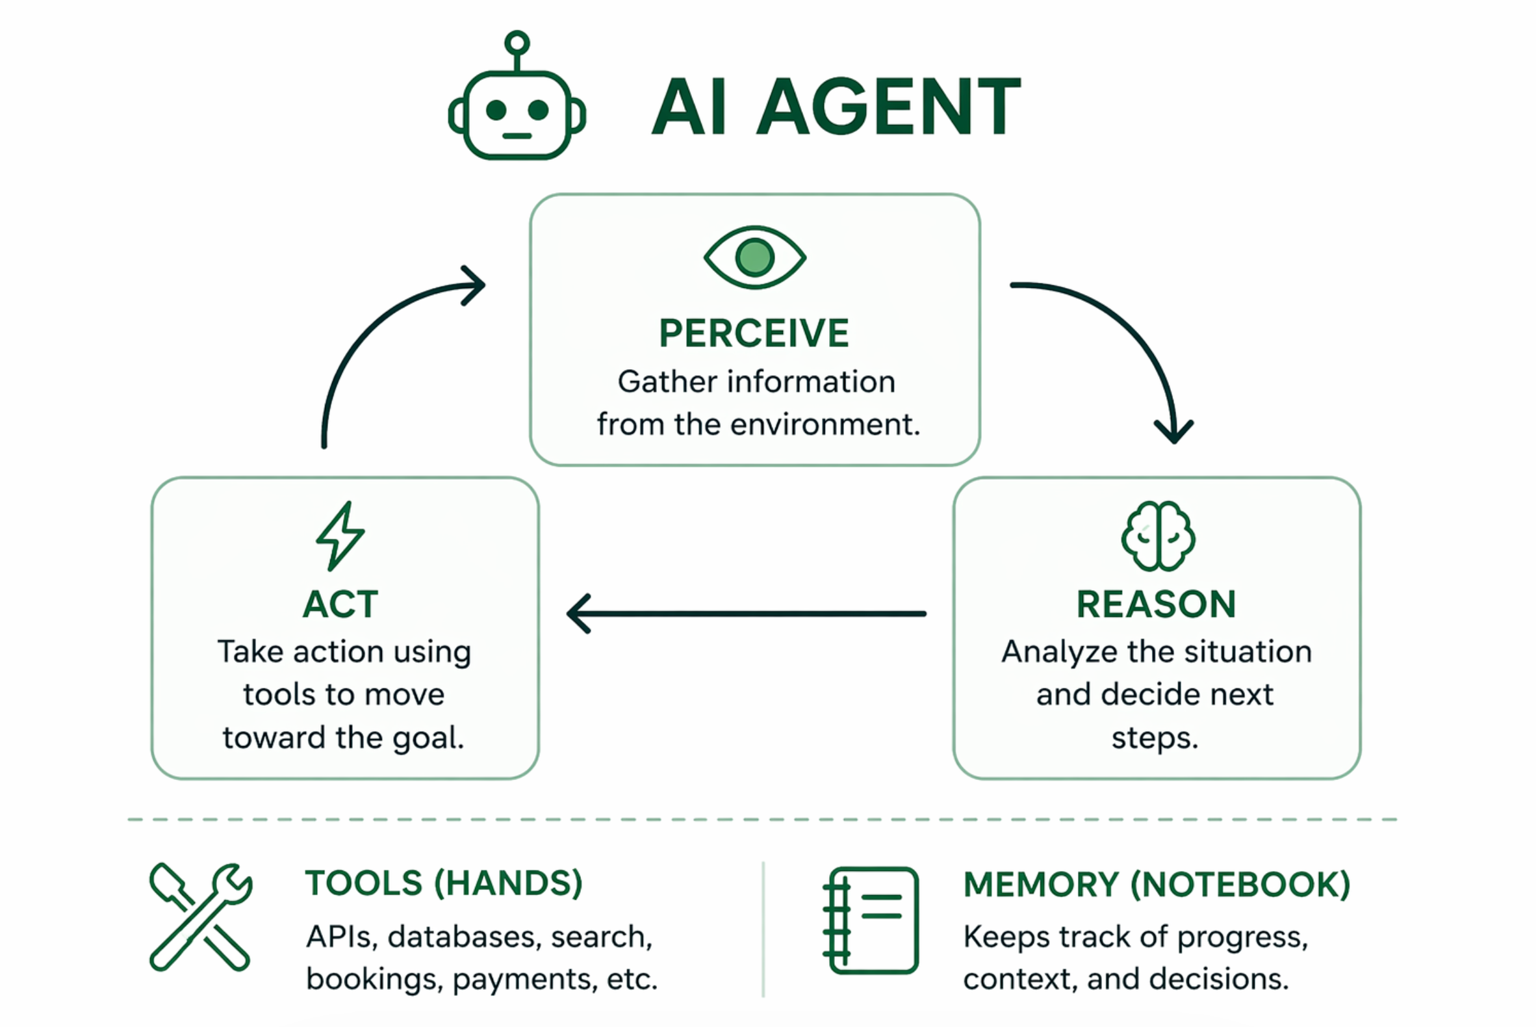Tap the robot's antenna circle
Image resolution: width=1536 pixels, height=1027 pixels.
pyautogui.click(x=517, y=42)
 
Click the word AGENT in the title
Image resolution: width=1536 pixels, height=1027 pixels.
pyautogui.click(x=889, y=106)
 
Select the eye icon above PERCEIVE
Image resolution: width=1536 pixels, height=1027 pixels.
pyautogui.click(x=755, y=257)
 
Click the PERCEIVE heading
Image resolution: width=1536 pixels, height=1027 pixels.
pyautogui.click(x=754, y=333)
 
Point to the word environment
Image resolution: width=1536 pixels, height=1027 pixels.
pyautogui.click(x=825, y=424)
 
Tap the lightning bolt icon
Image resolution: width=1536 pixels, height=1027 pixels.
pyautogui.click(x=340, y=536)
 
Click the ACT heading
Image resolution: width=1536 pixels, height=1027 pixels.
pyautogui.click(x=340, y=604)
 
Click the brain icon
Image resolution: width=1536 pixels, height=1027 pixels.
pyautogui.click(x=1158, y=536)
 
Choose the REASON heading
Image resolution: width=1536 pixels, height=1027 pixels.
pyautogui.click(x=1157, y=604)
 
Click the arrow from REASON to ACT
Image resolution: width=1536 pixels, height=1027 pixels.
pyautogui.click(x=747, y=614)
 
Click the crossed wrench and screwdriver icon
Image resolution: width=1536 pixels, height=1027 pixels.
pyautogui.click(x=200, y=916)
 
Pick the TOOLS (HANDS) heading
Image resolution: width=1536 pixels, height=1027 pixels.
pyautogui.click(x=444, y=883)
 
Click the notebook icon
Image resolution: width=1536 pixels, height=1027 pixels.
pyautogui.click(x=871, y=920)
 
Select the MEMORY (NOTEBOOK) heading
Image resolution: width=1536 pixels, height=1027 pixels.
pyautogui.click(x=1157, y=884)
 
